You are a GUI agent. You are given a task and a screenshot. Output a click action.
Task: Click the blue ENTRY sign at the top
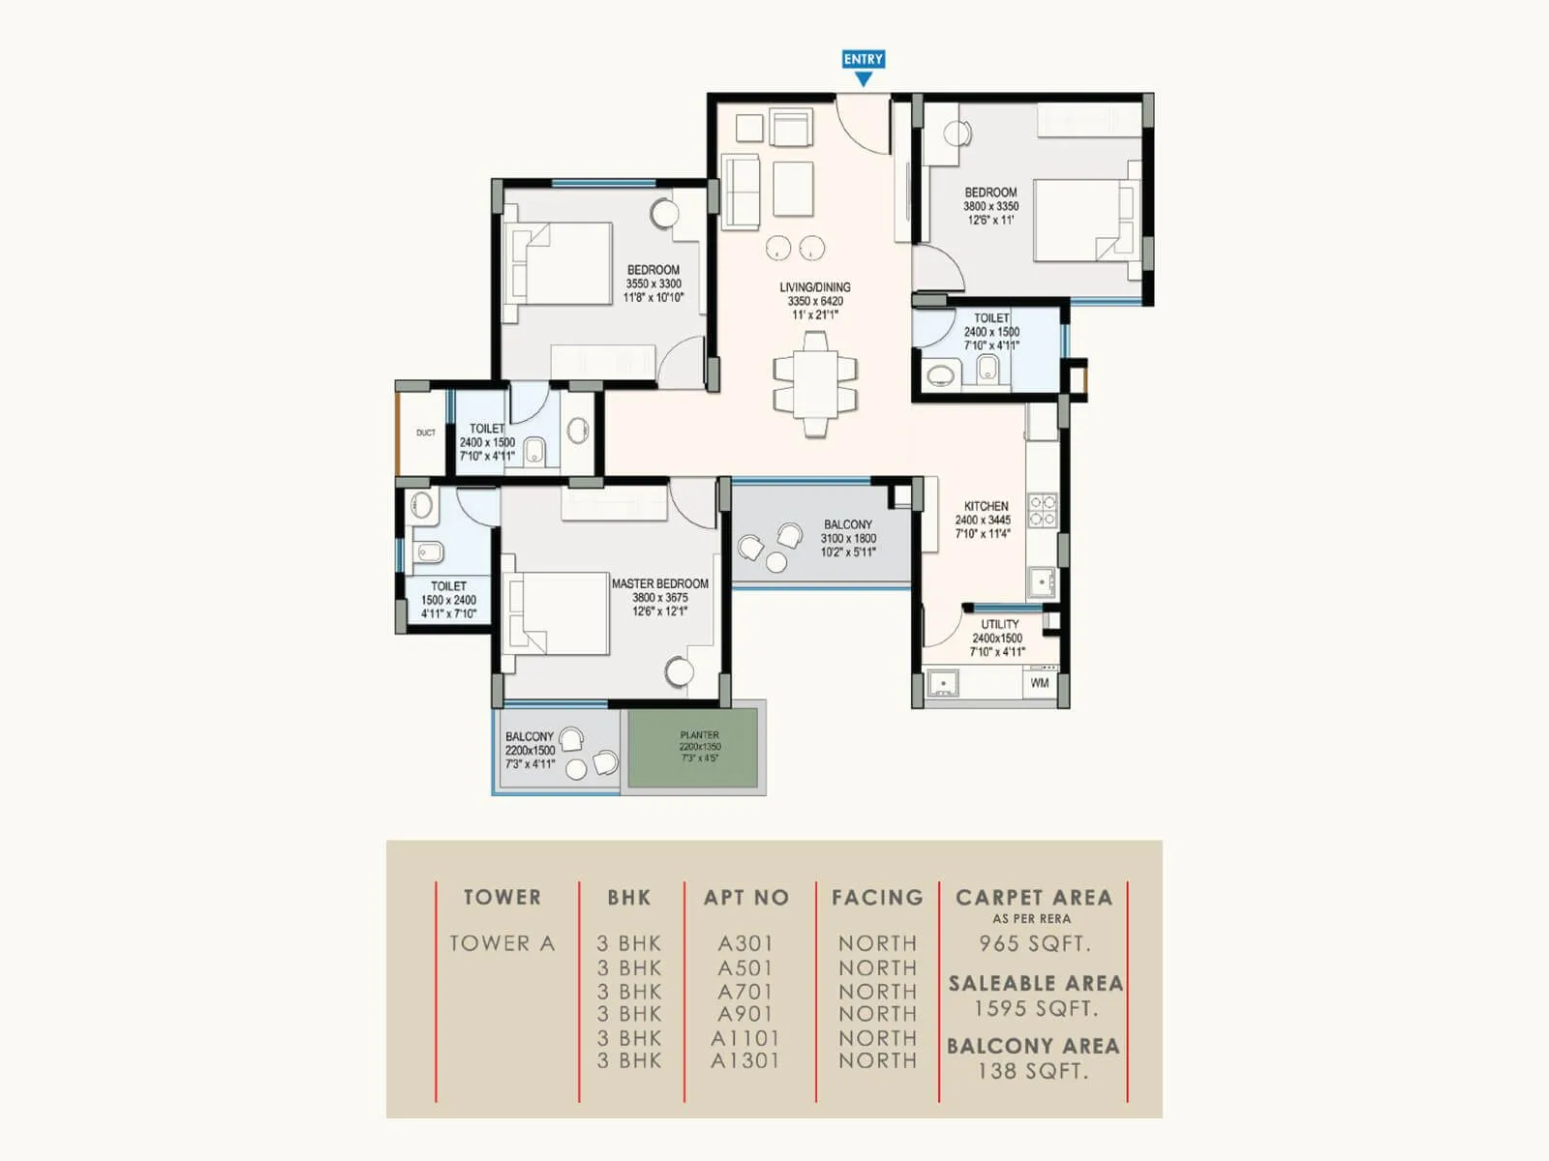tap(863, 60)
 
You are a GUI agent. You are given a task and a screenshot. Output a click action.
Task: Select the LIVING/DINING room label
tap(815, 287)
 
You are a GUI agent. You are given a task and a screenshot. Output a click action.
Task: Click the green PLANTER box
tap(692, 748)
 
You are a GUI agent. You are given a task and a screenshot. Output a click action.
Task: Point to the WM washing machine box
tap(1040, 683)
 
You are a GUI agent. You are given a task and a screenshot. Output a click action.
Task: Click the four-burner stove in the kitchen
tap(1042, 511)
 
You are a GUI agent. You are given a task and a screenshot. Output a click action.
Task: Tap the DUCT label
tap(426, 432)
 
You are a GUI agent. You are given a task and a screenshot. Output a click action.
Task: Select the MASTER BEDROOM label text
tap(659, 583)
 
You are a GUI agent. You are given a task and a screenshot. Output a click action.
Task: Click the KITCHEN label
tap(986, 506)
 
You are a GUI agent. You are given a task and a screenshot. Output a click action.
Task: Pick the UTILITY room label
tap(999, 624)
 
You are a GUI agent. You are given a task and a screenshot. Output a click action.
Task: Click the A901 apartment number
tap(745, 1014)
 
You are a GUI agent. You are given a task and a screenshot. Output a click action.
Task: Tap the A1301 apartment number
tap(744, 1060)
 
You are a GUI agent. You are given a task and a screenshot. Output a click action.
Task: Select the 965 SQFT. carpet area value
tap(1034, 943)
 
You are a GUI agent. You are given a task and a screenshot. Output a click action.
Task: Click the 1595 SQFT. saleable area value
tap(1035, 1008)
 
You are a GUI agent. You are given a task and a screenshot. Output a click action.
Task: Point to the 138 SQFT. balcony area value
tap(1033, 1071)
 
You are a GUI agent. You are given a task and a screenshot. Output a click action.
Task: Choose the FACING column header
tap(877, 897)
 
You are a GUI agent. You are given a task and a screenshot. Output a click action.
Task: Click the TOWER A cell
tap(501, 943)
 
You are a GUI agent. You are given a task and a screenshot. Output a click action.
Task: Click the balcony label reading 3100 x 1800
tap(848, 538)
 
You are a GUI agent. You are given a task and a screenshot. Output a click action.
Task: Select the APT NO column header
tap(746, 897)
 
